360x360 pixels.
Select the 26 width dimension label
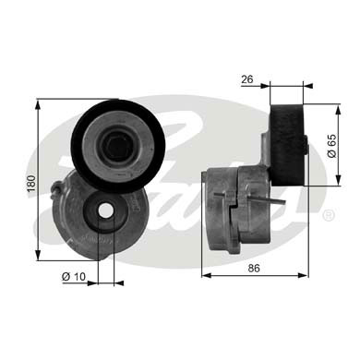(x=246, y=79)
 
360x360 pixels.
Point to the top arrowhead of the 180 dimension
(x=37, y=104)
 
